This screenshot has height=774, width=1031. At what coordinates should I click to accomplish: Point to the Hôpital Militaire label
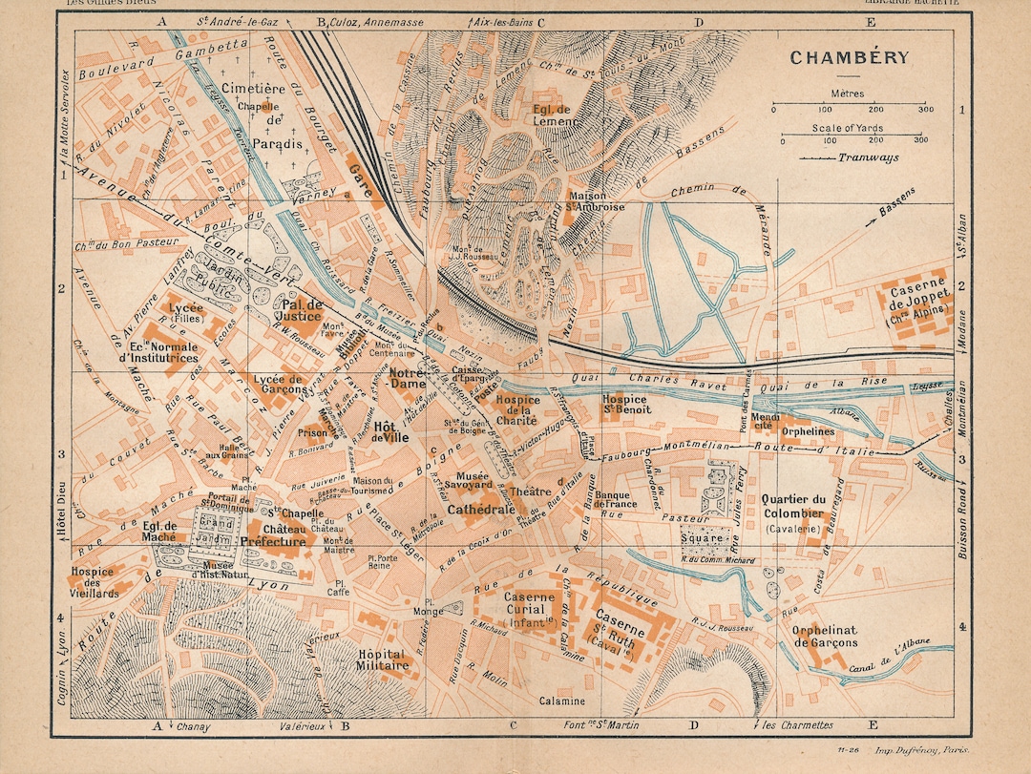382,660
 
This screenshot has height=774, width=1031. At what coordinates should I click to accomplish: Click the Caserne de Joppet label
921,299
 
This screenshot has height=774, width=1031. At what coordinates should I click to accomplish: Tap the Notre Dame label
408,380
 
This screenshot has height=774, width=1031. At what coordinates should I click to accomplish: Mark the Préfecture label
273,542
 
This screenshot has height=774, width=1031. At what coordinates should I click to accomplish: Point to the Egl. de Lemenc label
552,115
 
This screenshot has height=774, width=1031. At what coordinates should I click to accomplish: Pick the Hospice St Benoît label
626,404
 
